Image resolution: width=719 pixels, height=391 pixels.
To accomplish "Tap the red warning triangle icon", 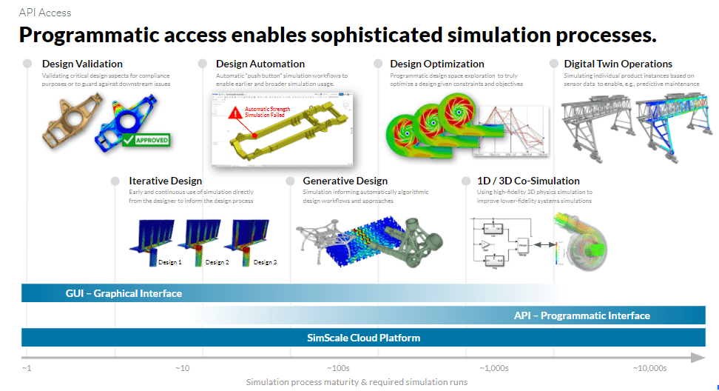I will pyautogui.click(x=234, y=113).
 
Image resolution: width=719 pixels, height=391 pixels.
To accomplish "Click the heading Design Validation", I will pyautogui.click(x=82, y=64).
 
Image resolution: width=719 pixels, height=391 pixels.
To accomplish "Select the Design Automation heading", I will pyautogui.click(x=260, y=64).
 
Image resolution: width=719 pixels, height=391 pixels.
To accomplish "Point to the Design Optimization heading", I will pyautogui.click(x=436, y=64).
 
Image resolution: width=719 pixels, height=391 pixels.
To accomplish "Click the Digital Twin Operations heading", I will pyautogui.click(x=618, y=64).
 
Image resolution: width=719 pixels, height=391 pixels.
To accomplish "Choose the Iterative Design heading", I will pyautogui.click(x=165, y=181).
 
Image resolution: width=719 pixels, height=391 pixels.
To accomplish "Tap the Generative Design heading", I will pyautogui.click(x=345, y=181).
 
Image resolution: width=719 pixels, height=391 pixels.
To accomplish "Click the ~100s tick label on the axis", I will pyautogui.click(x=339, y=368).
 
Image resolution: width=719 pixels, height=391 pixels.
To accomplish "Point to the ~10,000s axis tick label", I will pyautogui.click(x=649, y=368).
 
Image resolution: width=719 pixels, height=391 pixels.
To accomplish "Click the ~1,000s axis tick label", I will pyautogui.click(x=493, y=368).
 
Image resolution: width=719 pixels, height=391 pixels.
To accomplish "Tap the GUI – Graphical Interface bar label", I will pyautogui.click(x=124, y=293).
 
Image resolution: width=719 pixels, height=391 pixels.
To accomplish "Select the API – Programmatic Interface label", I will pyautogui.click(x=581, y=315).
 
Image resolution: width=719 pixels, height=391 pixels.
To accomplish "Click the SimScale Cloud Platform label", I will pyautogui.click(x=363, y=338).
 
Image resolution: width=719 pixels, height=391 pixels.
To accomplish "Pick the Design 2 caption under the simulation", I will pyautogui.click(x=217, y=262).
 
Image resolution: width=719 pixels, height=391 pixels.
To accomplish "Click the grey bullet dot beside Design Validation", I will pyautogui.click(x=27, y=64).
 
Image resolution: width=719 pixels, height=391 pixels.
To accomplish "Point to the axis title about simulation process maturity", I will pyautogui.click(x=357, y=382).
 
